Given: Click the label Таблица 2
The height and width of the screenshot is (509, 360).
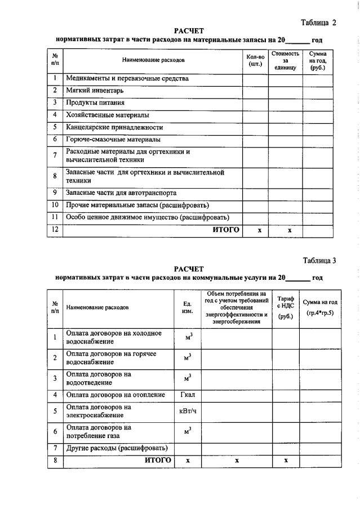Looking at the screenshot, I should click(x=318, y=23).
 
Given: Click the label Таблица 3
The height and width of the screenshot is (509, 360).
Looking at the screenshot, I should click(x=319, y=260).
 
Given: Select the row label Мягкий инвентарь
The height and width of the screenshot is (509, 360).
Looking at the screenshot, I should click(x=95, y=90).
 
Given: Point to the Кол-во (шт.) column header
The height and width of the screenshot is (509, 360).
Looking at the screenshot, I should click(x=255, y=60).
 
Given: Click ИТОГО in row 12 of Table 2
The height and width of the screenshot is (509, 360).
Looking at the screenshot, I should click(x=225, y=230).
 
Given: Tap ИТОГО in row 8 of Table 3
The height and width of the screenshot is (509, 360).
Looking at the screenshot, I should click(x=158, y=460).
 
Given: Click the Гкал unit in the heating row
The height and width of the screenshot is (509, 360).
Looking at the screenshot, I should click(x=188, y=394).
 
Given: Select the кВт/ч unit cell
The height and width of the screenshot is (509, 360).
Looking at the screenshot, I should click(x=188, y=411).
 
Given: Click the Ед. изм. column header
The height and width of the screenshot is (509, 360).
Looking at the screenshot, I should click(x=188, y=307).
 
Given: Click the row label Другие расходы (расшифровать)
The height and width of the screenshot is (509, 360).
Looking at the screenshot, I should click(x=117, y=448).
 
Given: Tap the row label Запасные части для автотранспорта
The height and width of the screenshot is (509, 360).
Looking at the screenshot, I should click(x=121, y=192).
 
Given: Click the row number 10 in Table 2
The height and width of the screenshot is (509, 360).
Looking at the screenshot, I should click(x=55, y=204).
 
